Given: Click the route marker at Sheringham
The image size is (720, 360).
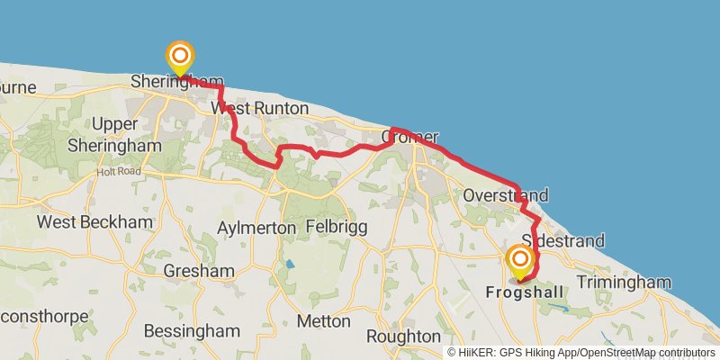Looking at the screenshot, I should coord(180,57).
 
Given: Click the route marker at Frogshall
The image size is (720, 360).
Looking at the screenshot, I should coord(520,261).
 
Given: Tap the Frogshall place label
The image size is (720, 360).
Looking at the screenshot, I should coord(525,292).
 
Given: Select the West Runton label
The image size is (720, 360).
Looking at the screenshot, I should coord(259,108).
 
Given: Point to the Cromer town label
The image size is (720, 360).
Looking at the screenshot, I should coord(409,138).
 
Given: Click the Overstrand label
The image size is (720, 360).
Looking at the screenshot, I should coord(504,195).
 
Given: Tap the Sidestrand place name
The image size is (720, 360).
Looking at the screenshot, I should coord(562,241).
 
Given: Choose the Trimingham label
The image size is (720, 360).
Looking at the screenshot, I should coord(624,283).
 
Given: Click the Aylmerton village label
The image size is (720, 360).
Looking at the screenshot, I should coord(256,229).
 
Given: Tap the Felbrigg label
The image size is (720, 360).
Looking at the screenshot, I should coord(337,227).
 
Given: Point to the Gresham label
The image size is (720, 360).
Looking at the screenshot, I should coord(199,270).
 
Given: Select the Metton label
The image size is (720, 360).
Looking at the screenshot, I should coord(323,320).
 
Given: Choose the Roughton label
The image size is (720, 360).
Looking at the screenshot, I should coord(402,336).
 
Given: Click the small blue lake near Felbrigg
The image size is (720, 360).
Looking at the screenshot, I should coord(289,265).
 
